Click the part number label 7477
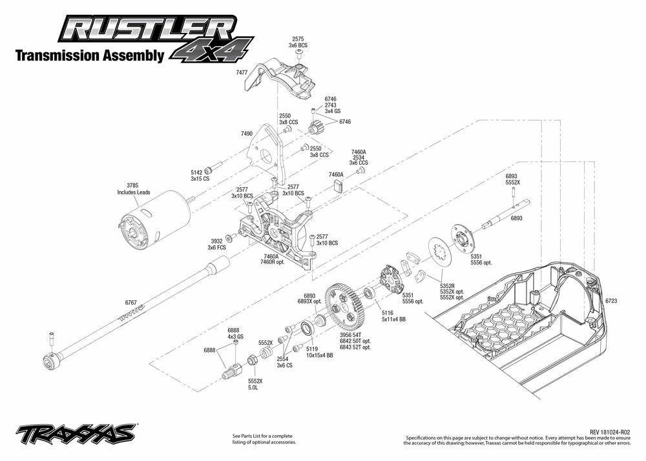(242, 73)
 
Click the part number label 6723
(612, 301)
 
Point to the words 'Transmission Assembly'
(89, 56)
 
